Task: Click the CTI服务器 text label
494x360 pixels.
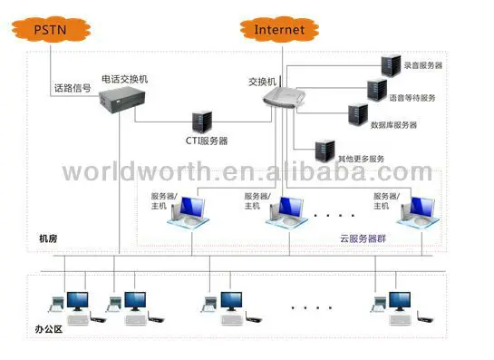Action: (x=199, y=141)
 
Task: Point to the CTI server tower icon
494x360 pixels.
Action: (x=200, y=120)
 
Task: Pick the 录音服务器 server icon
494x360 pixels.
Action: (x=392, y=64)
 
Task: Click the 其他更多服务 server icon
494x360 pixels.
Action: (x=322, y=148)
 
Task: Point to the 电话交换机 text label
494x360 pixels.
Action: (x=124, y=79)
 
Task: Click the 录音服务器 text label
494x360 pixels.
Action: (x=423, y=65)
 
